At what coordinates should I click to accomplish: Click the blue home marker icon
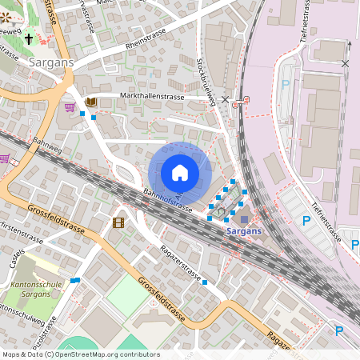point(180,173)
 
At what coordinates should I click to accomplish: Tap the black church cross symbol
point(29,38)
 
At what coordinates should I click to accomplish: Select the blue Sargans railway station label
point(243,231)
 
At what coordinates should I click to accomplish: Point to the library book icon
point(90,102)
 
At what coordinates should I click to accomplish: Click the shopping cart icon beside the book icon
point(70,106)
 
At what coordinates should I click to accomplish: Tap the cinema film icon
point(118,222)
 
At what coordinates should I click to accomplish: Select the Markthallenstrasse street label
point(152,97)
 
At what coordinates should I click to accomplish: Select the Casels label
point(16,258)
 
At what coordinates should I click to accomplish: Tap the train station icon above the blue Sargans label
point(244,218)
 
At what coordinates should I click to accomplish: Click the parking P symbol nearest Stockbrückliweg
point(286,85)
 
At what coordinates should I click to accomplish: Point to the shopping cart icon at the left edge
point(4,158)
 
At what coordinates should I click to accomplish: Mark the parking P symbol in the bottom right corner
point(338,330)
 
